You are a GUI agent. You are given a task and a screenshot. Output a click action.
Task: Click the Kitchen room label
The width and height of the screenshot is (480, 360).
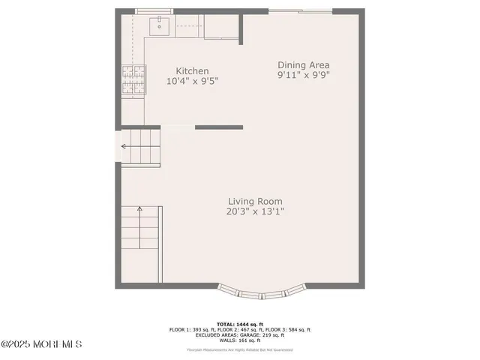click(x=192, y=71)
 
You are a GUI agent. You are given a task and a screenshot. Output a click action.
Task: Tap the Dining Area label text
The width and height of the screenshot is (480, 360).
click(x=304, y=65)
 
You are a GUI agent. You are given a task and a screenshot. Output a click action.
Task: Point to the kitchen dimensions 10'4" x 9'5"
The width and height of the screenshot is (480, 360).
click(x=192, y=82)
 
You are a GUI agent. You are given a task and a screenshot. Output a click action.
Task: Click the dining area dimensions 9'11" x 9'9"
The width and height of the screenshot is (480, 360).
click(x=304, y=76)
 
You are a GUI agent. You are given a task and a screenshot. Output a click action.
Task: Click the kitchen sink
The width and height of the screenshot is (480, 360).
click(x=160, y=27)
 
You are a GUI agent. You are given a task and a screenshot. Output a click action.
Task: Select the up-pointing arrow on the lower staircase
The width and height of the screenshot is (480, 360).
click(x=139, y=211)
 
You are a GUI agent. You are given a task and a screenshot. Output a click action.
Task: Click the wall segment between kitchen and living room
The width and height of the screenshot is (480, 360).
click(x=219, y=127)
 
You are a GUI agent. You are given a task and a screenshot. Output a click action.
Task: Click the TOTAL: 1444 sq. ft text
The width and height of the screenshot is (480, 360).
click(x=240, y=324)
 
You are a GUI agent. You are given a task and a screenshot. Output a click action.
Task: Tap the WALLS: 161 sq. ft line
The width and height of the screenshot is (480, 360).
click(x=240, y=340)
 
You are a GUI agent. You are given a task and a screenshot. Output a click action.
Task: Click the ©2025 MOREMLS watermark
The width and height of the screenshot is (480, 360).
click(x=42, y=344)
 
